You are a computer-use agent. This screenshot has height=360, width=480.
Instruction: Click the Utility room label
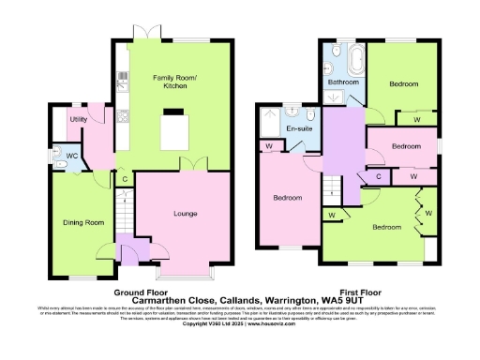click(78, 120)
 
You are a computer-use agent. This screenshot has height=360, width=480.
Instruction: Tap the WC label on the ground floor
click(72, 156)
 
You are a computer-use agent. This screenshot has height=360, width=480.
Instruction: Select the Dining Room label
click(82, 222)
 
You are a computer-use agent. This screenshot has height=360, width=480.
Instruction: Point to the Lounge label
click(185, 214)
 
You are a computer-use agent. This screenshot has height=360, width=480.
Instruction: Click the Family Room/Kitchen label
click(169, 81)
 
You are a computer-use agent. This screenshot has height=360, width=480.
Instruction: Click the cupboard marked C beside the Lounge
click(125, 178)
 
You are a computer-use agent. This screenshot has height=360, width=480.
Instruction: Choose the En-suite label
click(299, 127)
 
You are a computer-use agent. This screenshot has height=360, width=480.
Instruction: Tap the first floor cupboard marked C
click(379, 175)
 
